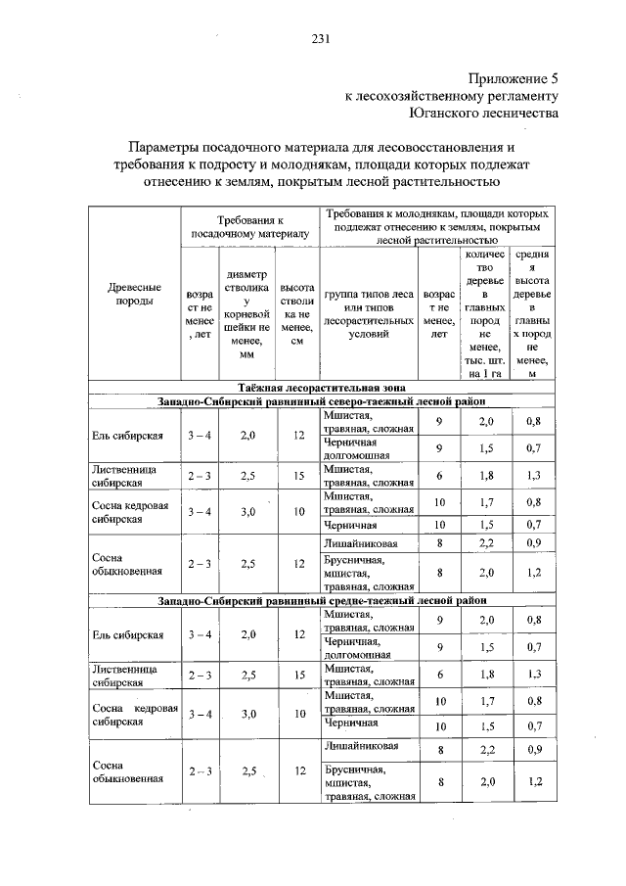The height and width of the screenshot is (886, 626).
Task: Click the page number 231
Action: [x=320, y=39]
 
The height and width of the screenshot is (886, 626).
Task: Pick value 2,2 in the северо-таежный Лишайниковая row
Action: [x=486, y=542]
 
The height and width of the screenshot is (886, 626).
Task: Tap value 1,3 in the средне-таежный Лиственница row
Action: [x=533, y=675]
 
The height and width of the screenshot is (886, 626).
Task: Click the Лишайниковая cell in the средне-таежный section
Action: [x=362, y=747]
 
